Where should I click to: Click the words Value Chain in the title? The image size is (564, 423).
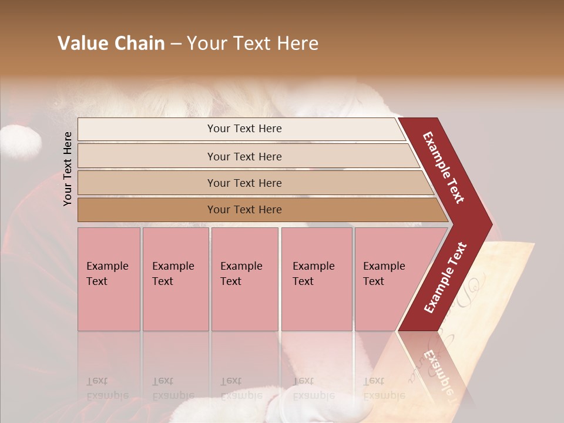click(111, 43)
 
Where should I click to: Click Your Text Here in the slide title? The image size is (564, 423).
click(253, 43)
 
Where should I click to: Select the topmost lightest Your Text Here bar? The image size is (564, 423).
click(244, 129)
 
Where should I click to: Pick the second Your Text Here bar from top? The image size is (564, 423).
click(244, 156)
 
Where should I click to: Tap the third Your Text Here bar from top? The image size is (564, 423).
click(244, 183)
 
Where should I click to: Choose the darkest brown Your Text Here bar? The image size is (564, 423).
click(244, 210)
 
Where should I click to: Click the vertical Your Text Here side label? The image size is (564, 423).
click(68, 169)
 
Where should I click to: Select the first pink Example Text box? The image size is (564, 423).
click(109, 279)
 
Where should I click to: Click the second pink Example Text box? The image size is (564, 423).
click(175, 279)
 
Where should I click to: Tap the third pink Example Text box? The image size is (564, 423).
click(244, 279)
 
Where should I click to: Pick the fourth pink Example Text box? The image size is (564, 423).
click(316, 279)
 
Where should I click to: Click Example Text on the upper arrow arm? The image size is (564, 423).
click(444, 167)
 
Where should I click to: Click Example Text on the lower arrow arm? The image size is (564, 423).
click(445, 277)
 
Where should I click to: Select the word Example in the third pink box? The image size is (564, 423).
click(241, 266)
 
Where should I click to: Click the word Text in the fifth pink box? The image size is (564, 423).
click(374, 281)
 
